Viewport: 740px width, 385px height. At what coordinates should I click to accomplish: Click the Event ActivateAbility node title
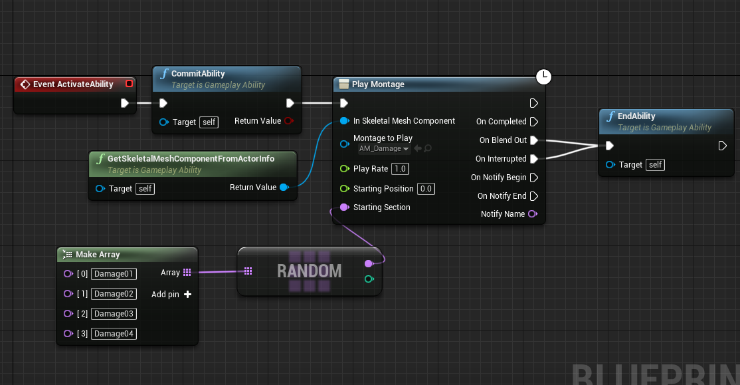pyautogui.click(x=73, y=84)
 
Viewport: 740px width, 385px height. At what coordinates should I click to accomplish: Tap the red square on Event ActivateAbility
pyautogui.click(x=129, y=84)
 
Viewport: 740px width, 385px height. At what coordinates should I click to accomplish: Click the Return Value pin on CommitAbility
pyautogui.click(x=289, y=121)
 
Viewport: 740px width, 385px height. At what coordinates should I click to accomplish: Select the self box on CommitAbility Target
pyautogui.click(x=209, y=122)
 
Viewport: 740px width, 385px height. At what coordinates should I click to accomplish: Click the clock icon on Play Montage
pyautogui.click(x=543, y=76)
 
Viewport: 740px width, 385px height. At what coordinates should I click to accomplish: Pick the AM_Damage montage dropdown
pyautogui.click(x=384, y=148)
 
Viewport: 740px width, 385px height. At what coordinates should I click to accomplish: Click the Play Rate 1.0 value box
pyautogui.click(x=400, y=169)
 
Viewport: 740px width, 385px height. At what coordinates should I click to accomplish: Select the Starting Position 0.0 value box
pyautogui.click(x=426, y=188)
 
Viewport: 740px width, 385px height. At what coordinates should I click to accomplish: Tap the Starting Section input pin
pyautogui.click(x=345, y=207)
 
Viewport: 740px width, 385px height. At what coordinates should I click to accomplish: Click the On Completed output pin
pyautogui.click(x=534, y=122)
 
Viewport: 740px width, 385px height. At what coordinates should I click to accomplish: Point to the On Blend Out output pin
pyautogui.click(x=534, y=140)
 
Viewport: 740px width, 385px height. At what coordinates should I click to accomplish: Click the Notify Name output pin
pyautogui.click(x=533, y=214)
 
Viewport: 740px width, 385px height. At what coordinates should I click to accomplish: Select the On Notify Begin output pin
pyautogui.click(x=534, y=178)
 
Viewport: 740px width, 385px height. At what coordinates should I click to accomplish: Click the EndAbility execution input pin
pyautogui.click(x=610, y=146)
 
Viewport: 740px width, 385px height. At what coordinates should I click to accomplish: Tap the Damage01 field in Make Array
pyautogui.click(x=114, y=274)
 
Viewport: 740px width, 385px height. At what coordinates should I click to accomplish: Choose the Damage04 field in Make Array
pyautogui.click(x=114, y=334)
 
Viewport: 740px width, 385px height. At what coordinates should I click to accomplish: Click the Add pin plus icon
pyautogui.click(x=188, y=295)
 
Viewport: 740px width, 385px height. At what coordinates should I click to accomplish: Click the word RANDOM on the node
pyautogui.click(x=309, y=271)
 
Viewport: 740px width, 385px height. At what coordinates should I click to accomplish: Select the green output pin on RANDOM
pyautogui.click(x=369, y=279)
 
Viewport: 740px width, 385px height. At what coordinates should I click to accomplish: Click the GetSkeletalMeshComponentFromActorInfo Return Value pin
pyautogui.click(x=284, y=188)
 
